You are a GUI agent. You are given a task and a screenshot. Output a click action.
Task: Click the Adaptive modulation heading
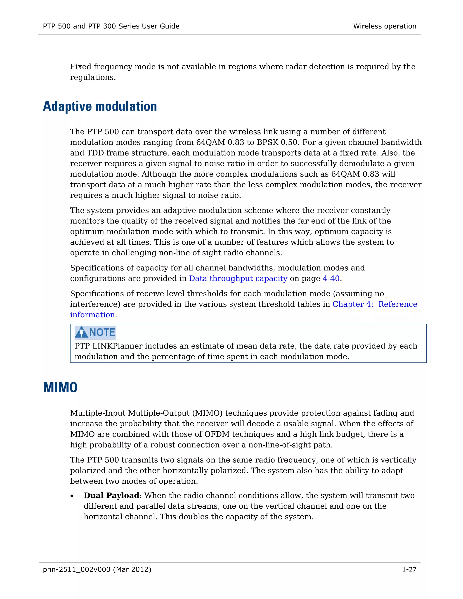[x=100, y=106]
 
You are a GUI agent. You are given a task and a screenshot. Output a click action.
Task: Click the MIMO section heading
[x=60, y=387]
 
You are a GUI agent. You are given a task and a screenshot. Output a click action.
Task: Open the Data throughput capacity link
[x=238, y=278]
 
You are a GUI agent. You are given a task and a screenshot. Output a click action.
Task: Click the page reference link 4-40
[x=331, y=278]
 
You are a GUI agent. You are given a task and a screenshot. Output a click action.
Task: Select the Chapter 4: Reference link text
[x=375, y=304]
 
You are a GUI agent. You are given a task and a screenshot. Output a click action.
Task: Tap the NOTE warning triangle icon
[x=81, y=332]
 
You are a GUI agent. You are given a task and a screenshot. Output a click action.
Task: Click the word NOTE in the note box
[x=102, y=333]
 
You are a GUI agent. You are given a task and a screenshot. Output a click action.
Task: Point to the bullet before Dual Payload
[x=72, y=496]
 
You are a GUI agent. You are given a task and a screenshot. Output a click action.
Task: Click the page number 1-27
[x=409, y=570]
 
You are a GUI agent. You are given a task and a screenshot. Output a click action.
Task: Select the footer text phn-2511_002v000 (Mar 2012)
[x=97, y=570]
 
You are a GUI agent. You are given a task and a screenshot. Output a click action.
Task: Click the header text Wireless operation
[x=385, y=26]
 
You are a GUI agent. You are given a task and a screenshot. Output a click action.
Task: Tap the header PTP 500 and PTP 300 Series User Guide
[x=111, y=26]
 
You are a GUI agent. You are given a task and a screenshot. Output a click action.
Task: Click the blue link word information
[x=92, y=315]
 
